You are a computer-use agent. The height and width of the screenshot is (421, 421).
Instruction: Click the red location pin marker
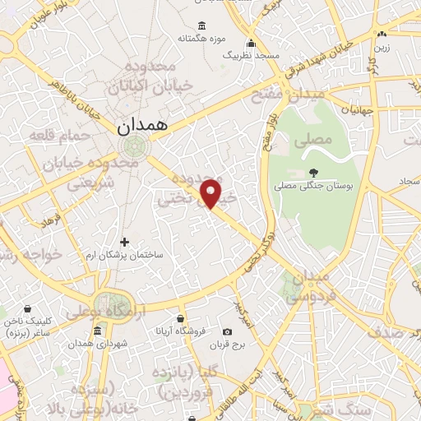coord(211,192)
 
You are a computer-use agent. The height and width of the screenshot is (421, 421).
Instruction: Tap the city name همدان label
coord(141,126)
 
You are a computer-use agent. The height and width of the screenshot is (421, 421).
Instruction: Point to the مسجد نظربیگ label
coord(251,55)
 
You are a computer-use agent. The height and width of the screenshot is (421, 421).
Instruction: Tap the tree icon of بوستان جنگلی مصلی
coord(313,172)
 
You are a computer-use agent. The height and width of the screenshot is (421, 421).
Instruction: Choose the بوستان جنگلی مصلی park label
coord(313,187)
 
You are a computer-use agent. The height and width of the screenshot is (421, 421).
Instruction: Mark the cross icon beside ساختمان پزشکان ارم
coord(125,242)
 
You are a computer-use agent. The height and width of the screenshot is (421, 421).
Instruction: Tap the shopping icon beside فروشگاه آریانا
coord(180,317)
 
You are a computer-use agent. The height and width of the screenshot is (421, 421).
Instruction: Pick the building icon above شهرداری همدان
coord(98,331)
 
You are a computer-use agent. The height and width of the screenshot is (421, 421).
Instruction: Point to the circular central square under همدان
coord(130,147)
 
